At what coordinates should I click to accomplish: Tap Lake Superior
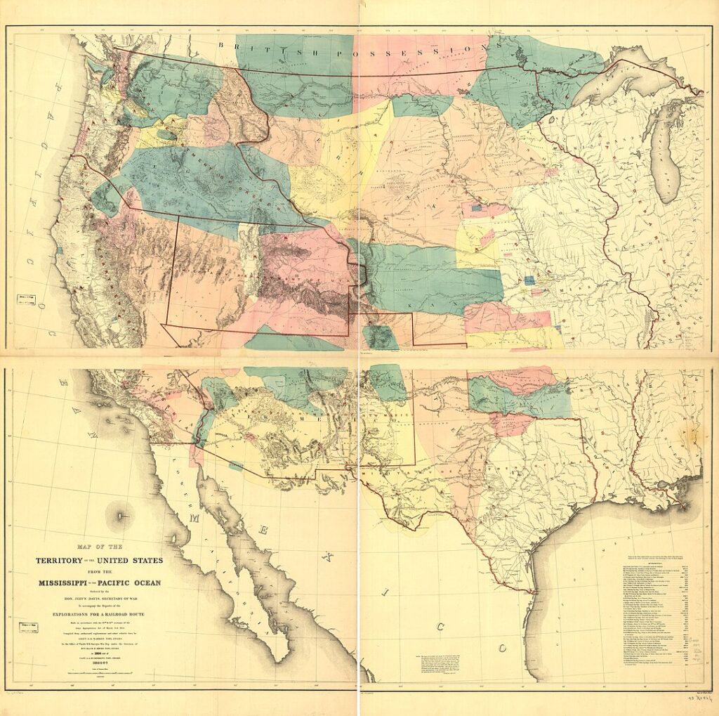tap(632, 77)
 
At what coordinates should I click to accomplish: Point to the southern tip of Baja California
tap(281, 657)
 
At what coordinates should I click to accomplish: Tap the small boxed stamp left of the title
tap(27, 627)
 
